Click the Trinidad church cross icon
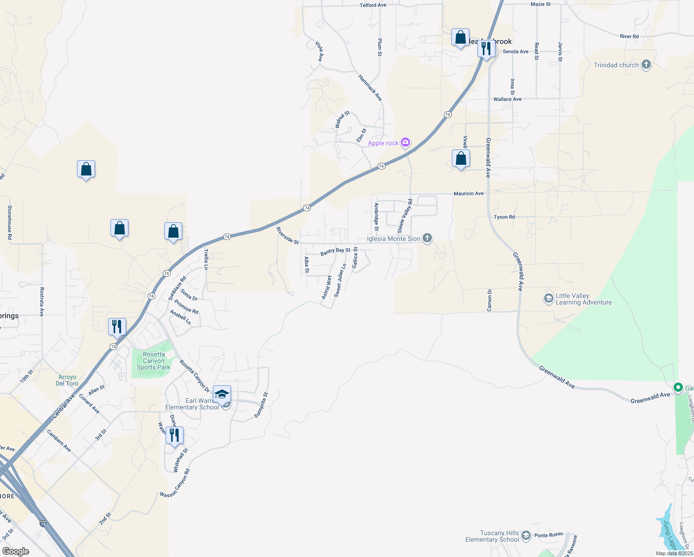point(646,65)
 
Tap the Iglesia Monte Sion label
point(393,239)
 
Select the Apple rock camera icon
point(405,142)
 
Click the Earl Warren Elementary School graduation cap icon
point(222,395)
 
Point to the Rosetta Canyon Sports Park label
point(154,361)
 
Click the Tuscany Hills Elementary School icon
point(526,536)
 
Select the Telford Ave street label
point(373,6)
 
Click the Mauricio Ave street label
point(469,194)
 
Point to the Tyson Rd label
point(504,217)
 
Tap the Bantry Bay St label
point(335,251)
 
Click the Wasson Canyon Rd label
point(175,484)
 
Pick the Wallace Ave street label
point(508,99)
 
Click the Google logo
point(15,551)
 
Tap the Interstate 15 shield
point(43,524)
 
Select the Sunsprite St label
point(261,405)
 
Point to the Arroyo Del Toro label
point(67,380)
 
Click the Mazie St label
point(540,4)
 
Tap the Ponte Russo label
point(548,535)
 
